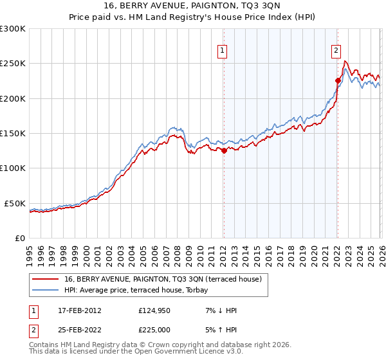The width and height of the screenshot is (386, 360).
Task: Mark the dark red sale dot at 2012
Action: coord(224,151)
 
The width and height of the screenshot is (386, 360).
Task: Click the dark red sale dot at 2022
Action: coord(338,80)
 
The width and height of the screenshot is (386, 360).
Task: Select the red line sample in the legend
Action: coord(46,279)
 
